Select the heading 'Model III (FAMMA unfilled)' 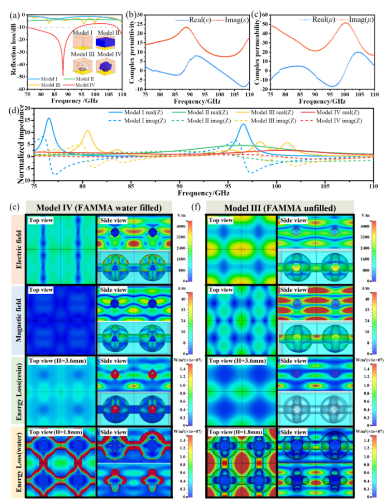pos(280,208)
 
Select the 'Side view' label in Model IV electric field pos(111,220)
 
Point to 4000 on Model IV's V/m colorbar pos(182,226)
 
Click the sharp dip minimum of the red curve pos(64,73)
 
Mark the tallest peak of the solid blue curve pos(49,119)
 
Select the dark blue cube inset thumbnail pos(109,42)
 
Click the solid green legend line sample pos(179,112)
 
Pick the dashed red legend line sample pos(307,120)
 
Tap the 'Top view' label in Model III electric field pos(221,220)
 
